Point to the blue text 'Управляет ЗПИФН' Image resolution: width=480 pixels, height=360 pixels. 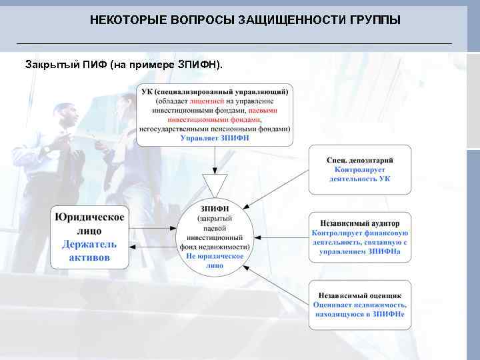click(214, 138)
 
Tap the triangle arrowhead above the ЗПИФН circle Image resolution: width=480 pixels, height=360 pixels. click(215, 183)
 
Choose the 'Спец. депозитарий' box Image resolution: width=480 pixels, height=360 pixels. click(359, 169)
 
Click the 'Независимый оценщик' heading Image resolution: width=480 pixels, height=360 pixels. click(359, 294)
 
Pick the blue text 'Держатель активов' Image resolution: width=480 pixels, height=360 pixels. click(89, 251)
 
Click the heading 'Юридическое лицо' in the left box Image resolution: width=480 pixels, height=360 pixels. click(89, 224)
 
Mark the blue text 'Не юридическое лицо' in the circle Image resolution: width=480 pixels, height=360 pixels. click(215, 260)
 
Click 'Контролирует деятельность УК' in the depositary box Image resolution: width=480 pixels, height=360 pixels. click(359, 175)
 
